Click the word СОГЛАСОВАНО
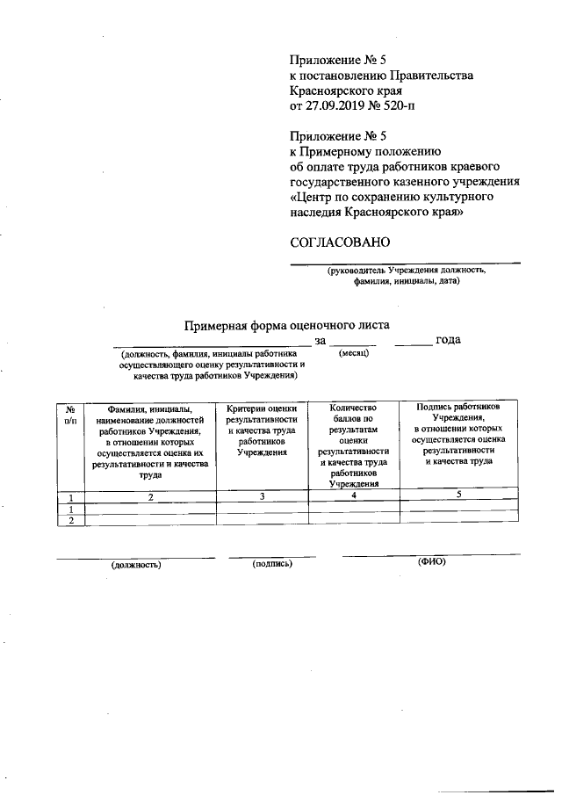pos(340,242)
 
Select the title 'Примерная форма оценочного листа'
pos(286,324)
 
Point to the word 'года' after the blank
pos(449,340)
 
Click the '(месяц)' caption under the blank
pos(354,353)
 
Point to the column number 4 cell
pos(353,497)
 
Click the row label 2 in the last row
pos(70,520)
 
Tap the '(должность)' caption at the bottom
pos(136,565)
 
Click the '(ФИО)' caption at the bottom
pos(432,561)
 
